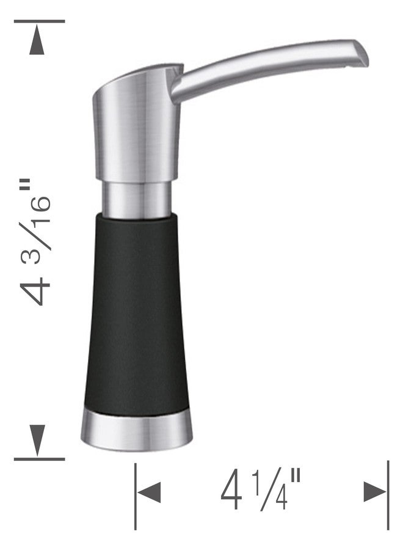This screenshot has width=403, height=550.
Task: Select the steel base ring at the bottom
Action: pyautogui.click(x=137, y=431)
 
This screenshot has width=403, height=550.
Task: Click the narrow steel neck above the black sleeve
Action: pyautogui.click(x=137, y=199)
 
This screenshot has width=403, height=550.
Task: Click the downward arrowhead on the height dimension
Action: pyautogui.click(x=37, y=440)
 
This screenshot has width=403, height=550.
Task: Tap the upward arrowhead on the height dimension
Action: pyautogui.click(x=37, y=38)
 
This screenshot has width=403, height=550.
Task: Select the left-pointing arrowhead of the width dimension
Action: pyautogui.click(x=149, y=492)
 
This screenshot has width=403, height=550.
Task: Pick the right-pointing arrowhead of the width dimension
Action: pyautogui.click(x=375, y=491)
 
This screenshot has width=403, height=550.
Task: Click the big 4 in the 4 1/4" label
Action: pyautogui.click(x=231, y=492)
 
